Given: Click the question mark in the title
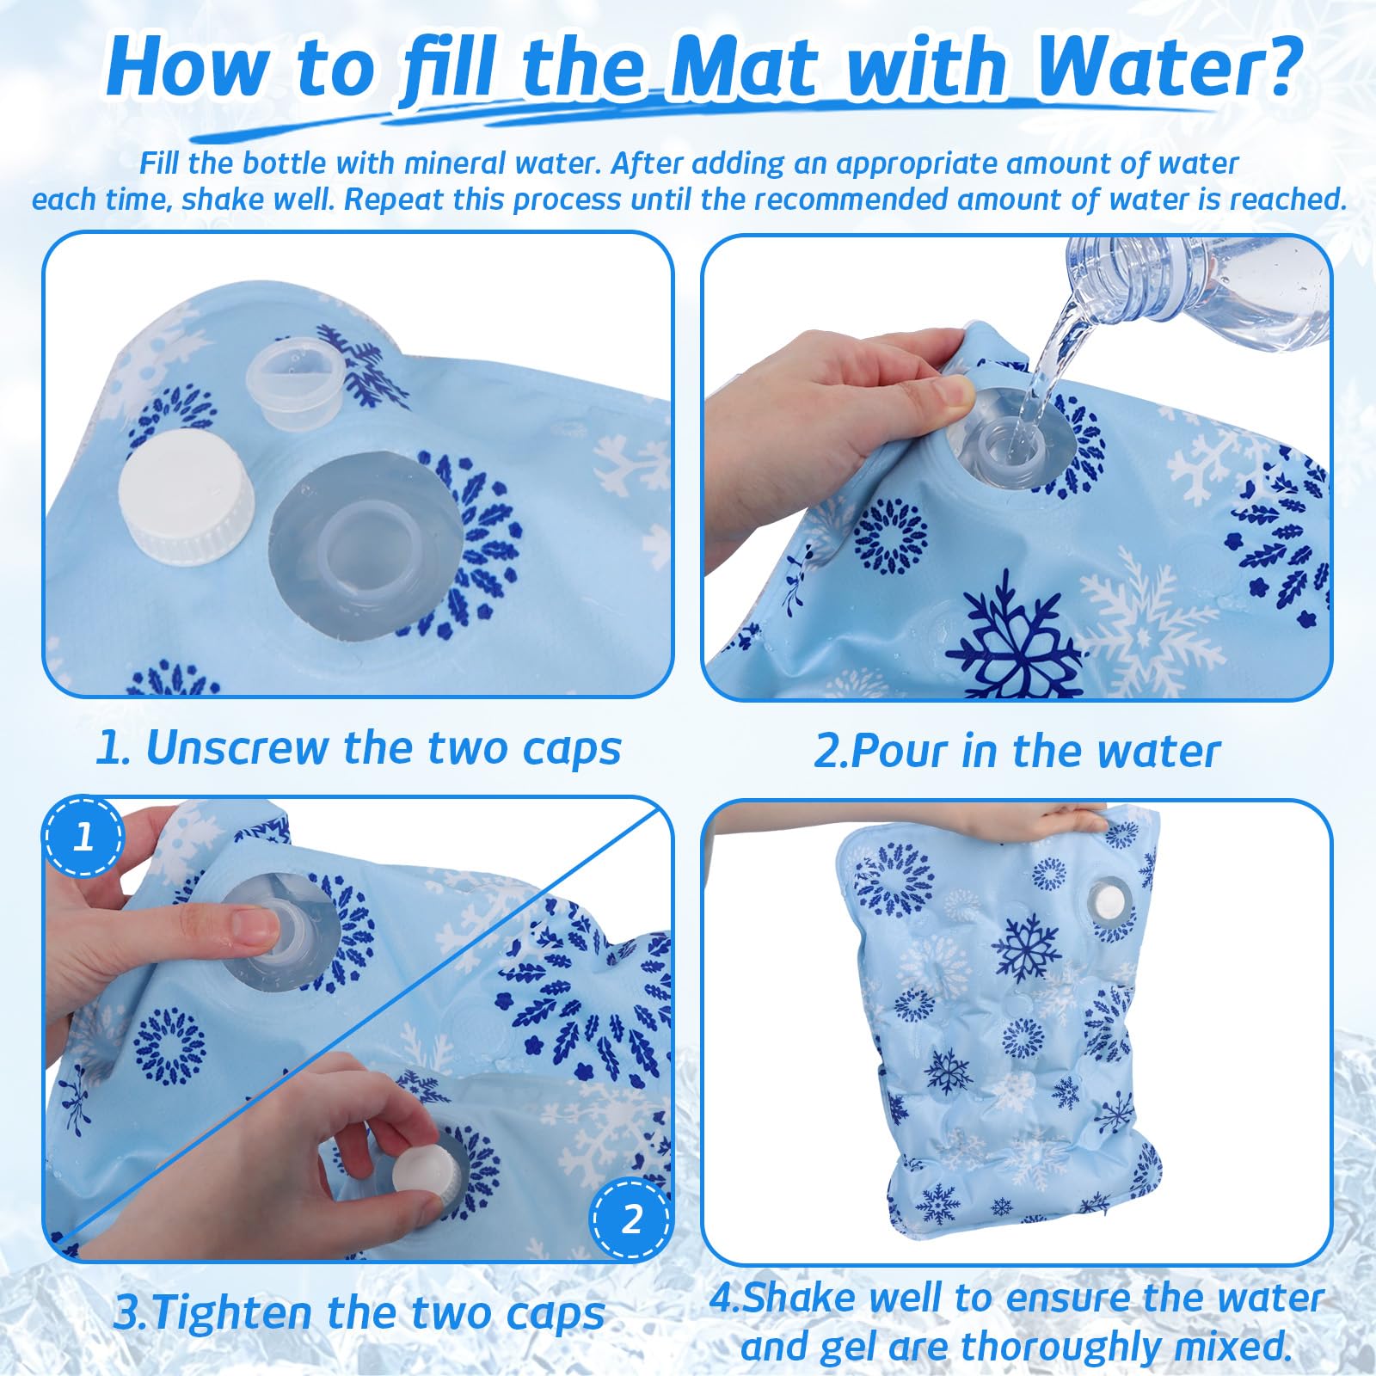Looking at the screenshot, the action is point(1275,64).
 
